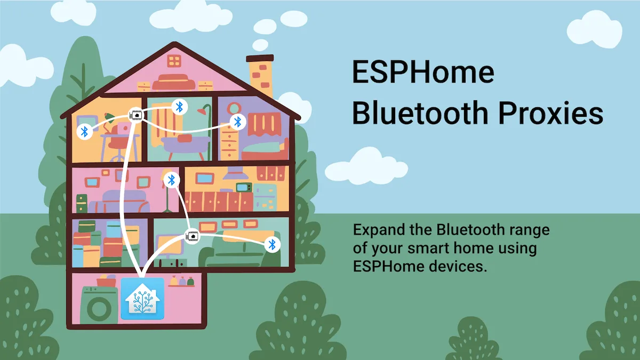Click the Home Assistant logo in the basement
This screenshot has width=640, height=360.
coord(142,299)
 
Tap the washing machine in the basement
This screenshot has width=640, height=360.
coord(99,305)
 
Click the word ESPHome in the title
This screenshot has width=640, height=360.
coord(423,73)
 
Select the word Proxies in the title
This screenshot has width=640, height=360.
coord(550,113)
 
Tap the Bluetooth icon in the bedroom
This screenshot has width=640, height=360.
coord(237,122)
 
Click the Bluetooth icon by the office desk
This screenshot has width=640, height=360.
coord(85,132)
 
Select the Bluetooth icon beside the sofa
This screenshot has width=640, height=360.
coord(272,245)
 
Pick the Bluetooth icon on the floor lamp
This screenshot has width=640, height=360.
coord(171,180)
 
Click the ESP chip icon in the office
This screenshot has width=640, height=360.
coord(135,115)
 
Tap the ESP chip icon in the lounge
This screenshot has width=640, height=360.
coord(193,236)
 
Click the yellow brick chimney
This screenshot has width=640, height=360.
coord(260,76)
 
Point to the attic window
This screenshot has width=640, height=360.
coord(174,61)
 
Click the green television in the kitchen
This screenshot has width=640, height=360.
coord(244,187)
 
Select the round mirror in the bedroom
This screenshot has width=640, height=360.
coord(234,108)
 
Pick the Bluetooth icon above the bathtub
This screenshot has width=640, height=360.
coord(179,107)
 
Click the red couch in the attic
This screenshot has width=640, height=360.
coord(174,82)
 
